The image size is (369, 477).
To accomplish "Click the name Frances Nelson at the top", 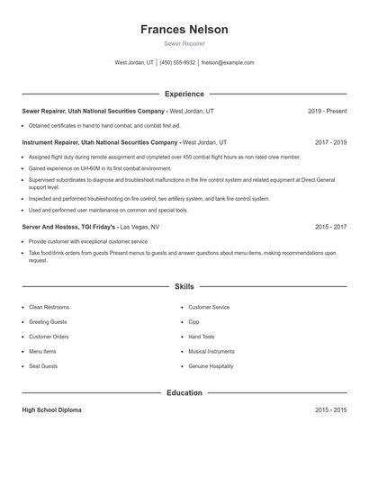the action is click(x=184, y=29).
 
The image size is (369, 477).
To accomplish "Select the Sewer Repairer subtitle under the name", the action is click(x=184, y=43).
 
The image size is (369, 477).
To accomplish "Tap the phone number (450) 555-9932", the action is click(x=178, y=63).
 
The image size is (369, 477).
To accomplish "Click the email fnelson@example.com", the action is click(x=228, y=63).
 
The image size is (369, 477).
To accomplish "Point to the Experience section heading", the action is click(x=184, y=94).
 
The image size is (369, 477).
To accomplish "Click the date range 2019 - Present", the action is click(x=327, y=111).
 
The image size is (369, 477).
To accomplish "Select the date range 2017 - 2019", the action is click(x=330, y=142).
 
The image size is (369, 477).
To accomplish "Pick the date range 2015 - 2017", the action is click(x=330, y=227).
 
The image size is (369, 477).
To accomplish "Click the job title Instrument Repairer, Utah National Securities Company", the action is click(x=100, y=142).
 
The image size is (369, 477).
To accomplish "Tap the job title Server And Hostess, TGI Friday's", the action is click(x=69, y=227).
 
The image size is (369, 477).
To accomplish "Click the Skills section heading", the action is click(x=184, y=286).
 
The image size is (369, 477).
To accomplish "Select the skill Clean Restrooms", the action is click(x=49, y=307).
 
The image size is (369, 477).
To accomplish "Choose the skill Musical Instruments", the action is click(x=211, y=351).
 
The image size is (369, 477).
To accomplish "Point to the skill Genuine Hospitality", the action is click(x=211, y=366).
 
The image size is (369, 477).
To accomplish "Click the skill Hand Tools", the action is click(x=202, y=337).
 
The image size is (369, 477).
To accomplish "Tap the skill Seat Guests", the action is click(x=43, y=366).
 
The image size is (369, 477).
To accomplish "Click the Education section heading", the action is click(x=184, y=392).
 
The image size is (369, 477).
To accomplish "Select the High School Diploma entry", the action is click(x=51, y=409).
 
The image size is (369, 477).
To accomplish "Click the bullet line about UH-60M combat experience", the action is click(x=99, y=168).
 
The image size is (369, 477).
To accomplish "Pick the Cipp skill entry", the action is click(x=193, y=321).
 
